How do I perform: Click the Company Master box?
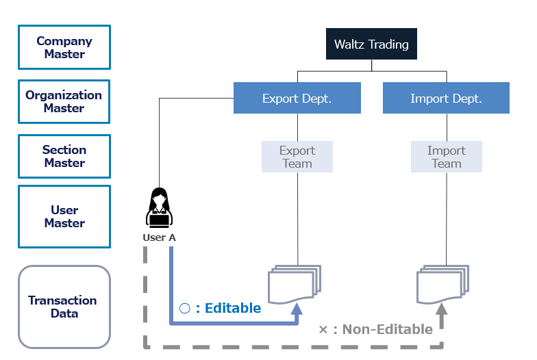[64, 47]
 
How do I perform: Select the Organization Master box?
[64, 101]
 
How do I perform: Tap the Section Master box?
[64, 156]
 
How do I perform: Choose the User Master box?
[64, 216]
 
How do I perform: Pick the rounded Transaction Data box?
[64, 307]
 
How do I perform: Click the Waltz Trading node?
[371, 44]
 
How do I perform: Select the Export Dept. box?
[297, 98]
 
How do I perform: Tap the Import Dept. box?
[447, 98]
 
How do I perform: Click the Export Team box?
[297, 157]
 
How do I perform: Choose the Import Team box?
[447, 157]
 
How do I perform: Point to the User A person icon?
[159, 207]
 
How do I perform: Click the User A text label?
[159, 237]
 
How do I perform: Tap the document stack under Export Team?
[295, 285]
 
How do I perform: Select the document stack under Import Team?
[442, 285]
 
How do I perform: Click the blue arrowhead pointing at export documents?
[297, 309]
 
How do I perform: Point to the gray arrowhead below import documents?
[442, 309]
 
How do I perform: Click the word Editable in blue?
[233, 308]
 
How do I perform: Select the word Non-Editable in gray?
[388, 329]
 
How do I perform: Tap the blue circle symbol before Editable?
[185, 308]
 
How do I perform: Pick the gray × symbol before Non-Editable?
[323, 330]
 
